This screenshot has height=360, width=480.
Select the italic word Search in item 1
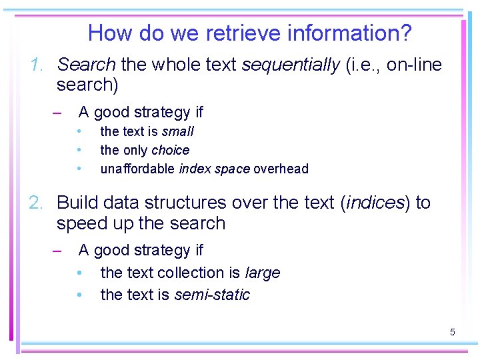point(87,65)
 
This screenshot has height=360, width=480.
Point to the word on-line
point(414,65)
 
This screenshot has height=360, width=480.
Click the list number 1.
point(37,65)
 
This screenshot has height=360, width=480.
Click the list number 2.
point(37,203)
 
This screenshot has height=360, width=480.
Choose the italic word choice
point(171,150)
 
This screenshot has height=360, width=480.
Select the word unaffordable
point(137,169)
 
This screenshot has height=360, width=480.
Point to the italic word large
point(263,273)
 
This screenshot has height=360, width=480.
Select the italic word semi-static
point(212,295)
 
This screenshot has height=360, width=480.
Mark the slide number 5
point(452,331)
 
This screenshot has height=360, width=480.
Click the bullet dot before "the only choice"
point(79,150)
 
